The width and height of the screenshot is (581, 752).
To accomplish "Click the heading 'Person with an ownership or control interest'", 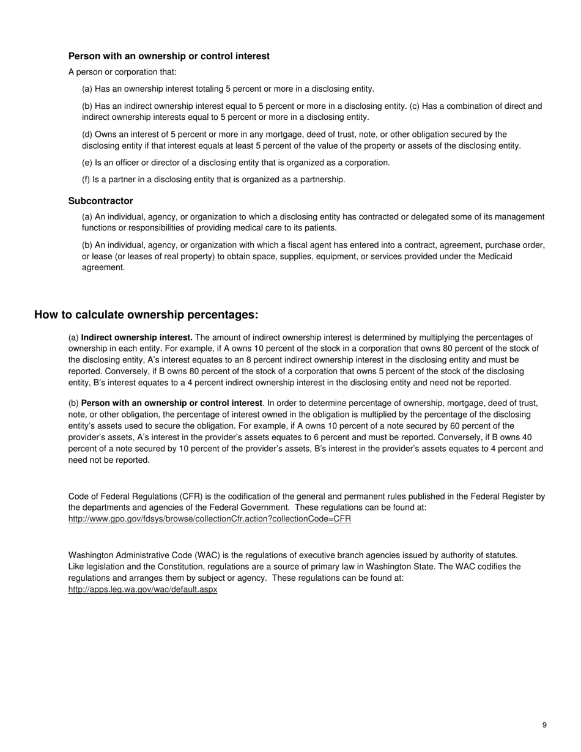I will tap(169, 56).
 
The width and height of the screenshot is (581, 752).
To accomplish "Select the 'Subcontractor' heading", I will tap(100, 201).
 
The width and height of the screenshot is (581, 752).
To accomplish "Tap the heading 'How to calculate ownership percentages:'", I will tap(146, 315).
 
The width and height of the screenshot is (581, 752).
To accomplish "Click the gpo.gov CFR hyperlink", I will tap(210, 519).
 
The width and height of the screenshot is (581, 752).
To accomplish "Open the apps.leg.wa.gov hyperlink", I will tap(142, 590).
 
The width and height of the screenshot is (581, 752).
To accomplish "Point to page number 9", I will tap(544, 725).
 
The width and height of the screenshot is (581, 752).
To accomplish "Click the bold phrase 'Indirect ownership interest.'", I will tap(136, 337).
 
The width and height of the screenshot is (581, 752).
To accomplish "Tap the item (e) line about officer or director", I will tap(236, 163).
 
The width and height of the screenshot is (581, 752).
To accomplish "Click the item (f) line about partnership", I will tap(213, 180).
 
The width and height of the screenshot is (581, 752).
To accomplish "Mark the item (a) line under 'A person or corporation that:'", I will tap(228, 89).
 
